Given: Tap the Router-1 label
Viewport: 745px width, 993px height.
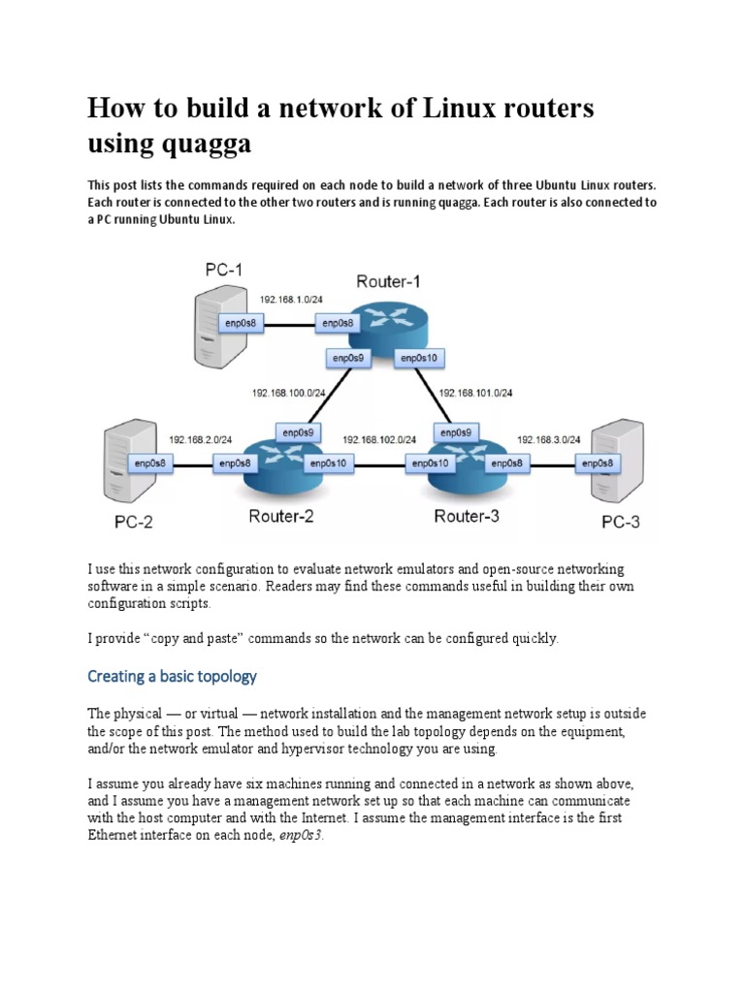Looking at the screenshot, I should [390, 281].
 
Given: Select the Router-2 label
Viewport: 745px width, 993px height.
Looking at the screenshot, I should [281, 516].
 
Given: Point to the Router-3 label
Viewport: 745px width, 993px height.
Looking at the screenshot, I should [467, 516].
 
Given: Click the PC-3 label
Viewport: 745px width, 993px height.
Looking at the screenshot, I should [621, 522].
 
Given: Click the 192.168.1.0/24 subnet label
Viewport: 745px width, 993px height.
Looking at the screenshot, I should [292, 301].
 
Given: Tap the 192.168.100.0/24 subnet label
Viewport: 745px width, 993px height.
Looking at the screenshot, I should [289, 393].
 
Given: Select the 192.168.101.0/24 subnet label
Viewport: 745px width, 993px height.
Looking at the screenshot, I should [476, 393].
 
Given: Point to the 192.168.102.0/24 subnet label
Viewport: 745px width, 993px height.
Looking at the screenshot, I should [379, 439].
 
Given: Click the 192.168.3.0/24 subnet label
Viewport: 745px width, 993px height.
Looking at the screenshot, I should [549, 439].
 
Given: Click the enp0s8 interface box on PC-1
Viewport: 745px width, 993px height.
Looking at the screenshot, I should [242, 323].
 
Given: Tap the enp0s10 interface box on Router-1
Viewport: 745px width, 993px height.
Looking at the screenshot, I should [420, 358].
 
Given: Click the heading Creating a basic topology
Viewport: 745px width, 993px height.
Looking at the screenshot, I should [172, 675].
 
